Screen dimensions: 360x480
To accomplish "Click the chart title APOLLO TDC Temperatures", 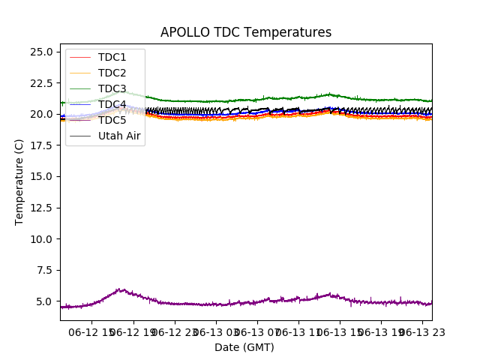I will [246, 32].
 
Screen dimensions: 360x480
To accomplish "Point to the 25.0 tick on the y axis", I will [40, 52].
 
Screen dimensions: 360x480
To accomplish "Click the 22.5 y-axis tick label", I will [40, 83].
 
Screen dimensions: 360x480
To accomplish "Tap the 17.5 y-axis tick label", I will [40, 145].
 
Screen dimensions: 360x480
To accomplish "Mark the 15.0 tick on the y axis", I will [40, 176].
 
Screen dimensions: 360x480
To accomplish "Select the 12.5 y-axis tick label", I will [40, 208].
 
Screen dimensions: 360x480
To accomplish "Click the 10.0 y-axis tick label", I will [40, 239].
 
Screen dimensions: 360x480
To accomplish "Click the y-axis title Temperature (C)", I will [19, 181].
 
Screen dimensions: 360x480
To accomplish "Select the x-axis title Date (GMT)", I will [244, 347].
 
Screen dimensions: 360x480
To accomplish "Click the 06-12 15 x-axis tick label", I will [92, 332].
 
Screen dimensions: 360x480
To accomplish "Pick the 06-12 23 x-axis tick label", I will [175, 332].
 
